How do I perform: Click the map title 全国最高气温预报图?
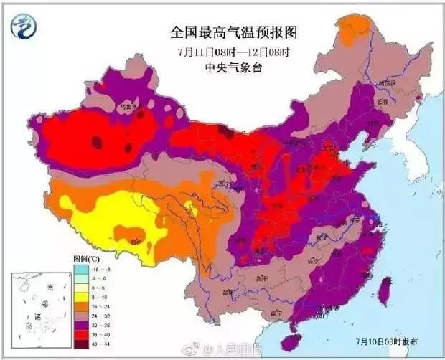click(x=233, y=32)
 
